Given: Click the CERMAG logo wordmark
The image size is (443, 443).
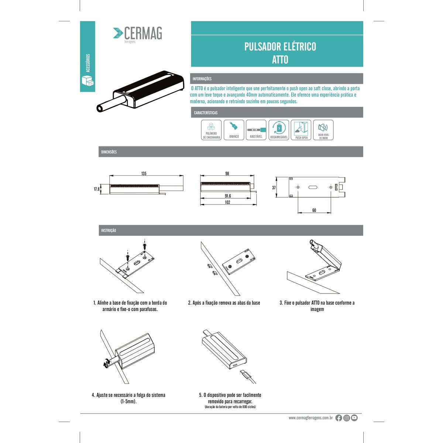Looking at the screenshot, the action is (143, 33).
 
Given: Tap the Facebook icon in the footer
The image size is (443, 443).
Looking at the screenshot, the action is (339, 418).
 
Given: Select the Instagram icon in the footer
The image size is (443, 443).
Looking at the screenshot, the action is (346, 418).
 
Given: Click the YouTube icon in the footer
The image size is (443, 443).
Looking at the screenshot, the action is (354, 418).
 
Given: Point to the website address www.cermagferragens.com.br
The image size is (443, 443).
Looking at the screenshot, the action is (310, 418).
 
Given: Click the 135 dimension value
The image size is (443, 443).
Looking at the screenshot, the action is (144, 174).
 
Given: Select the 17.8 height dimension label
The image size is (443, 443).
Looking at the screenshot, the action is (97, 189).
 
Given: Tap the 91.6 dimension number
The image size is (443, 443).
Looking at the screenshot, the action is (228, 196).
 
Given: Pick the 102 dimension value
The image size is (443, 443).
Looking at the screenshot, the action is (227, 202).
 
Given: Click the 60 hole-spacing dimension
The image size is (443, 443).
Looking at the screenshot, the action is (314, 210).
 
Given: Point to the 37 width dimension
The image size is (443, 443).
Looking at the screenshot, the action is (274, 188).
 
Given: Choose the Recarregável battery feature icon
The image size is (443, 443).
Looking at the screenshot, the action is (279, 130).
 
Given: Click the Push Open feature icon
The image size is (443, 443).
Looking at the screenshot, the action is (301, 130).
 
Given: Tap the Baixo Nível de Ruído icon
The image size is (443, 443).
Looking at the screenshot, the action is (323, 130).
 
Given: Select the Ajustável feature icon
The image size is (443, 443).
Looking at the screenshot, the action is (256, 130).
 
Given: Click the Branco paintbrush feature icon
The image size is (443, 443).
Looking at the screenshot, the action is (234, 130).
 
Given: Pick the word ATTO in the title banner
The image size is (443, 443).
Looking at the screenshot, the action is (280, 59).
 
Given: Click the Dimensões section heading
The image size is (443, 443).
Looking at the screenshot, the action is (109, 152).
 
